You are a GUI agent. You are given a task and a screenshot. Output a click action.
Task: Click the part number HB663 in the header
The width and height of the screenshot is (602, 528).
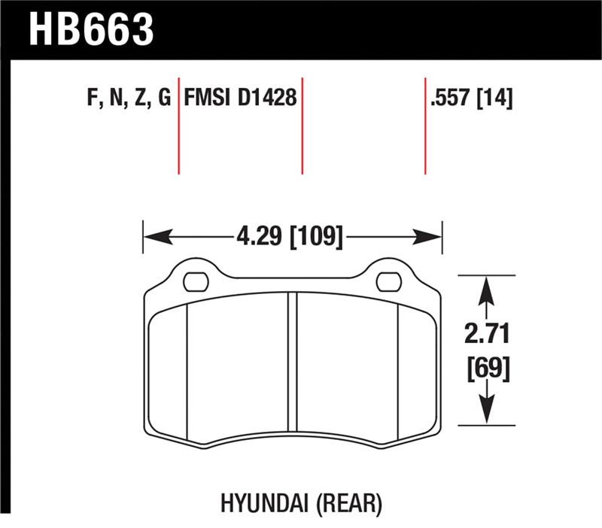coord(91,29)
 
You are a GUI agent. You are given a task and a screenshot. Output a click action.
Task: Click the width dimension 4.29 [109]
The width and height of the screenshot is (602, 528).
coord(290,238)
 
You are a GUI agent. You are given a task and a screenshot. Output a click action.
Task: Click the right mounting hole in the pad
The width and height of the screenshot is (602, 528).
coord(388,283)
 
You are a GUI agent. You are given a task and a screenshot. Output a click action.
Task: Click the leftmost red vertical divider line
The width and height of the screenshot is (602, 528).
coord(178,124)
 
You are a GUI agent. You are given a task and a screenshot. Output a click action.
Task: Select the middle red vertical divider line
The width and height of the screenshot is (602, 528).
coord(302,124)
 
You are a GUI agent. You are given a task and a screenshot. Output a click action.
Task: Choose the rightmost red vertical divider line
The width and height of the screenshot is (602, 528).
coord(425,124)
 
